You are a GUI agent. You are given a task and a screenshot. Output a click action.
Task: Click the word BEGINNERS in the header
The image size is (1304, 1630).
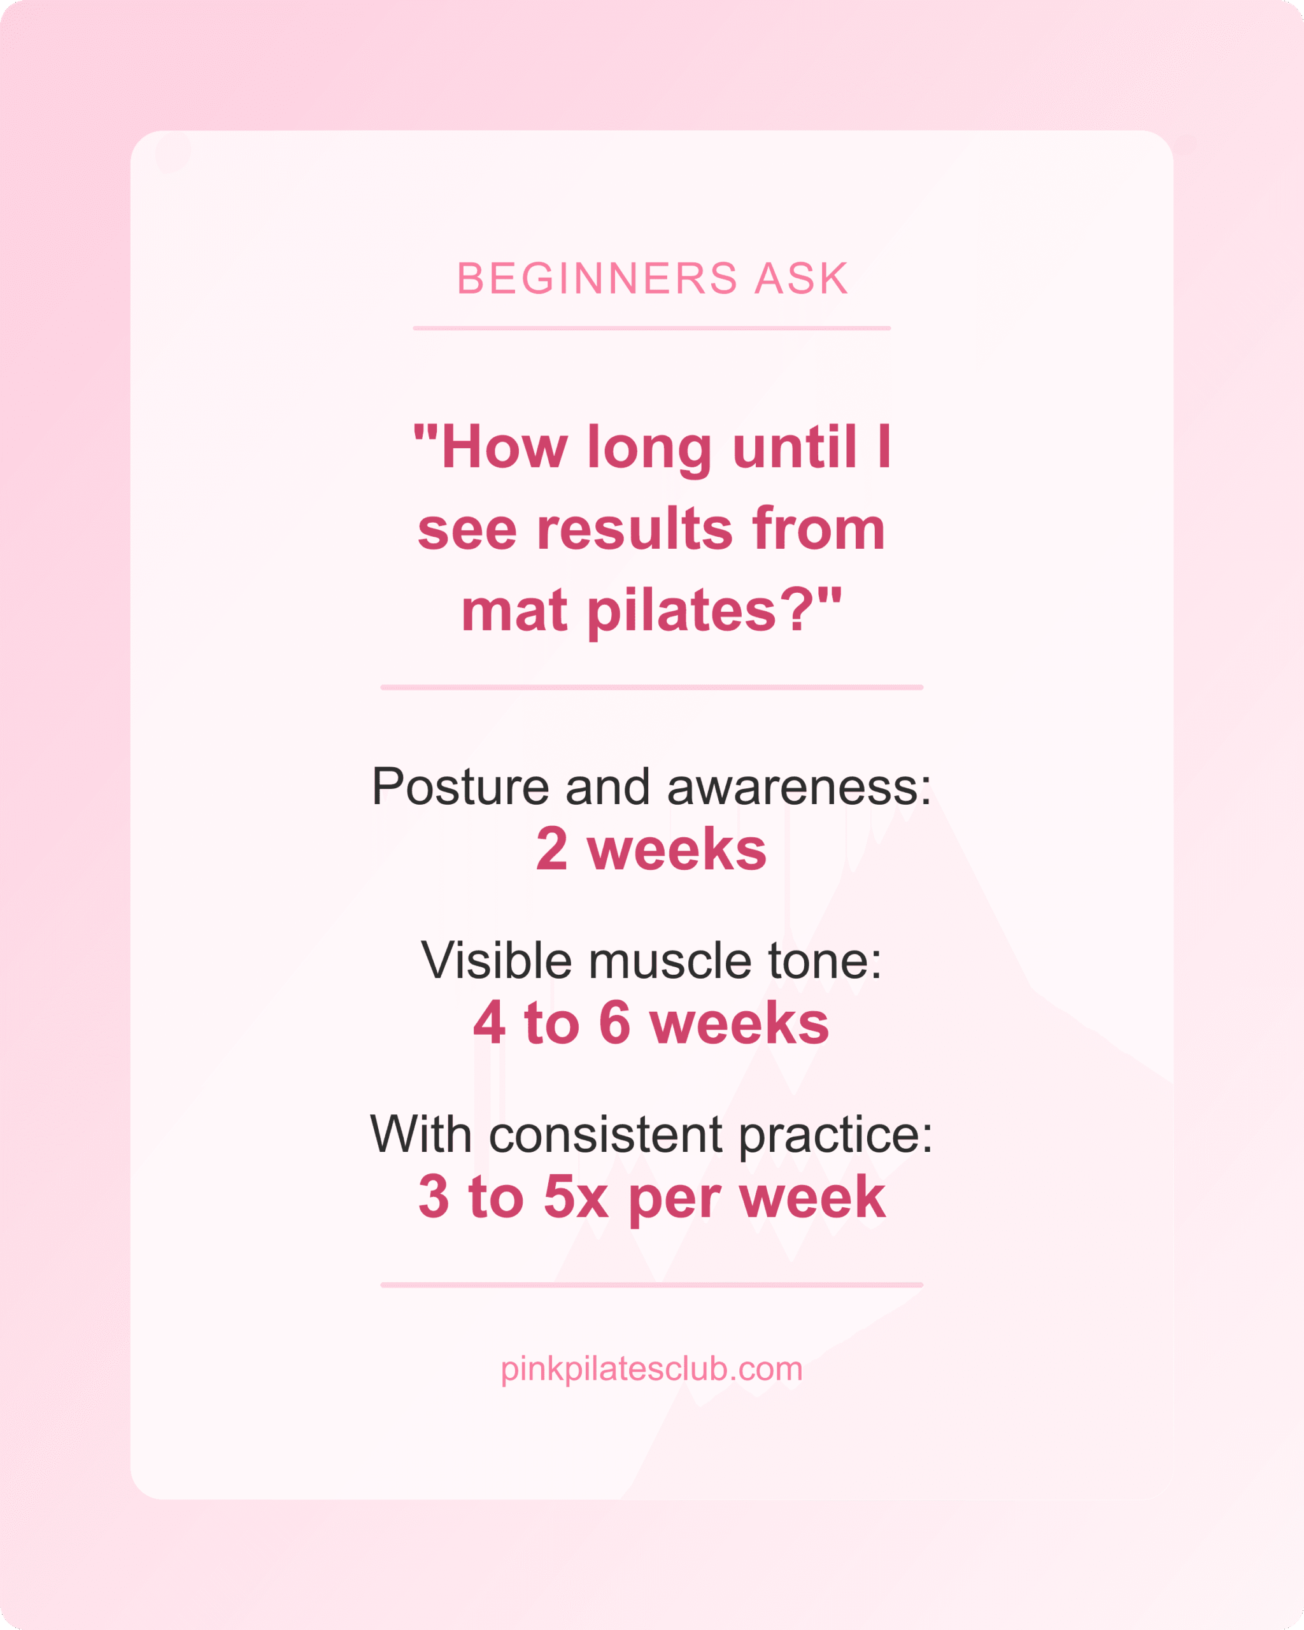(x=597, y=278)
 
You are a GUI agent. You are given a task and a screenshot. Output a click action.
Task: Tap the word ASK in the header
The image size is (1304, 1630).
(x=802, y=278)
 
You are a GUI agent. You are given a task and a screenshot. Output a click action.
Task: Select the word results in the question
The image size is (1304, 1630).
(x=635, y=528)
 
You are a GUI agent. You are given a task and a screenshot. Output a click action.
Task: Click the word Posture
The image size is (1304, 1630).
(x=460, y=786)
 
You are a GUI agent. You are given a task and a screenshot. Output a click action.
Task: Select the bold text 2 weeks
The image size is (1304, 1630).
(x=651, y=848)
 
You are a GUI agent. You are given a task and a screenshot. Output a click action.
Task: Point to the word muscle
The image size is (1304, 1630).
(x=670, y=960)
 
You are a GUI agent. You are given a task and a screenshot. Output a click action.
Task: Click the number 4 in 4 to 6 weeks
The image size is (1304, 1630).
(x=489, y=1022)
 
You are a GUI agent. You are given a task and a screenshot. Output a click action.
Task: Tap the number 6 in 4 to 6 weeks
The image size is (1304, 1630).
(x=614, y=1022)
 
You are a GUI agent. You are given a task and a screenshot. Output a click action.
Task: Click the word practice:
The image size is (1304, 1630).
(x=835, y=1135)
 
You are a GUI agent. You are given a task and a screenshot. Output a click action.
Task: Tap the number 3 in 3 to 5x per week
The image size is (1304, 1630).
(x=434, y=1197)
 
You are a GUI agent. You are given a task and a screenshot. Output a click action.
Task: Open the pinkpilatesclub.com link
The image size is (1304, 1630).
(x=651, y=1368)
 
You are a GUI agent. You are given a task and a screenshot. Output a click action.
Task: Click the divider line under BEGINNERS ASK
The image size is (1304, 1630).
(x=651, y=328)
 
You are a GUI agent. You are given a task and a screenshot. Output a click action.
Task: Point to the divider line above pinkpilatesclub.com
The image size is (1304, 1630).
(x=651, y=1284)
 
